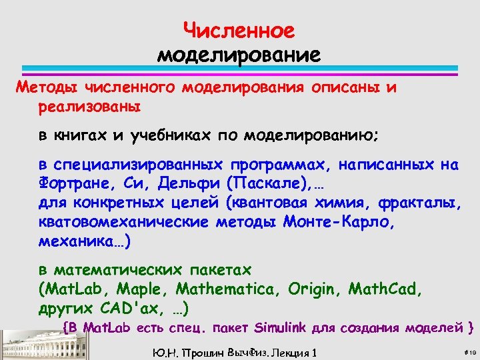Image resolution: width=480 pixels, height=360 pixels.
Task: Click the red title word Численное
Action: [x=239, y=31]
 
